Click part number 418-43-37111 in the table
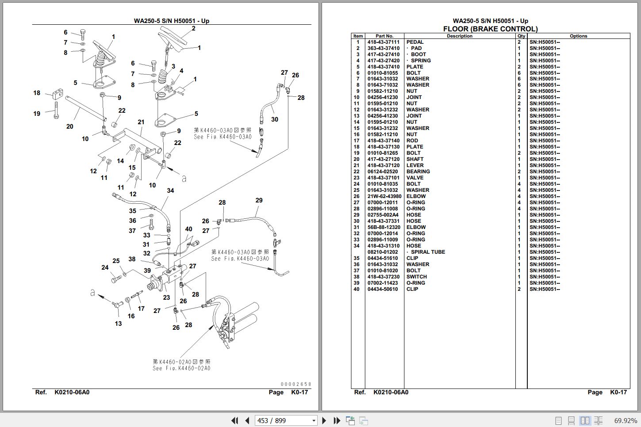click(x=383, y=42)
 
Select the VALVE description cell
click(x=415, y=178)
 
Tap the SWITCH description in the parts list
click(x=417, y=277)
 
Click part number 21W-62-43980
click(x=384, y=196)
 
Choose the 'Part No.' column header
click(x=384, y=36)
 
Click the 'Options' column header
click(x=578, y=36)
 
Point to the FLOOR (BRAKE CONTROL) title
click(x=490, y=29)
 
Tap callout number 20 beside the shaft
click(x=69, y=126)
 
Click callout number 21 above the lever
click(x=141, y=122)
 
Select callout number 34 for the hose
click(x=170, y=191)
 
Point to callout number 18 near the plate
click(x=37, y=93)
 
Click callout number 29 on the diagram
click(x=259, y=200)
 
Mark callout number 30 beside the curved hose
click(x=275, y=119)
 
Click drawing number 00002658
click(x=296, y=384)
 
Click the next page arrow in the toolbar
click(x=324, y=420)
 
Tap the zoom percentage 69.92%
click(x=626, y=420)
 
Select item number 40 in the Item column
click(x=357, y=289)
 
